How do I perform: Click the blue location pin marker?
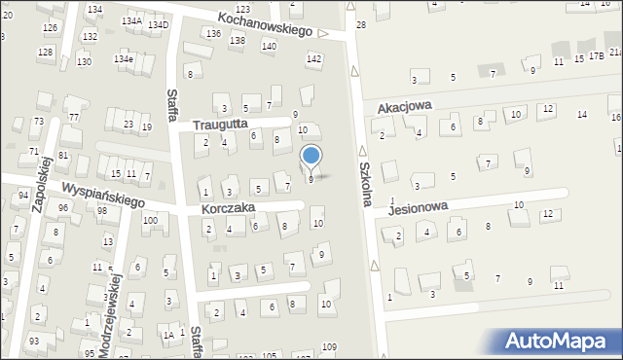point(311,157)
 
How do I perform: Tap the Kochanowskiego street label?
point(265,24)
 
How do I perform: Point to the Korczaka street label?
point(228,208)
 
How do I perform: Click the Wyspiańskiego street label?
point(102,193)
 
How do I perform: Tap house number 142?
point(313,59)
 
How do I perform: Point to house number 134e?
point(124,59)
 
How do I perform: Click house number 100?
point(150,221)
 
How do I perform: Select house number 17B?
point(596,57)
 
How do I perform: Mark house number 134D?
point(159,24)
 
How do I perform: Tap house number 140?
point(269,46)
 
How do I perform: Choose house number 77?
point(74,117)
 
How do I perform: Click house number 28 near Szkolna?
point(360,24)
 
